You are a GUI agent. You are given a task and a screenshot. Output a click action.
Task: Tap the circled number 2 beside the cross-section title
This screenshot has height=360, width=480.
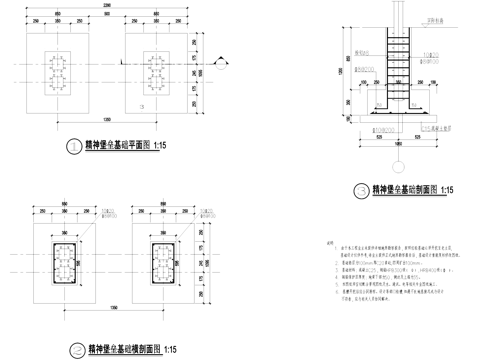(x=77, y=349)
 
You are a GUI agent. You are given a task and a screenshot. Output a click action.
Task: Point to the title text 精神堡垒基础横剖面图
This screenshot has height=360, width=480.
(x=132, y=349)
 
